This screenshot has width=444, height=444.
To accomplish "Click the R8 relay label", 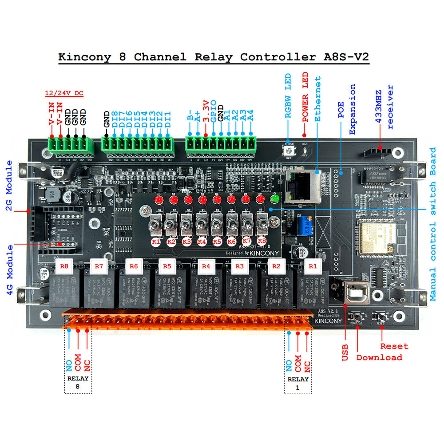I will tap(64, 266).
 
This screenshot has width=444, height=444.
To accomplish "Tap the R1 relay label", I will tap(313, 266).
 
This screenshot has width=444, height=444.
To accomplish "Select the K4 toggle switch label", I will tap(202, 242).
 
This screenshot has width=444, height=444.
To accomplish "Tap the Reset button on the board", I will tap(380, 317).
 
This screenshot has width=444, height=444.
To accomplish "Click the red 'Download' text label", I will tap(379, 357).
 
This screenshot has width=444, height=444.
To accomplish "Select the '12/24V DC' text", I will tap(64, 94).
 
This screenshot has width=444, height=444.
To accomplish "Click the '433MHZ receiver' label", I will tap(385, 106).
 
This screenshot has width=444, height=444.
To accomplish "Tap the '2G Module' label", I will tap(9, 186).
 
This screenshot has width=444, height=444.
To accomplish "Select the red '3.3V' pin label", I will tap(206, 111).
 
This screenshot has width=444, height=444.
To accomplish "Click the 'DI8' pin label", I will tap(115, 119).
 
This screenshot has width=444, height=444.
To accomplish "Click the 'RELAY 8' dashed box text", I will tap(78, 382).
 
